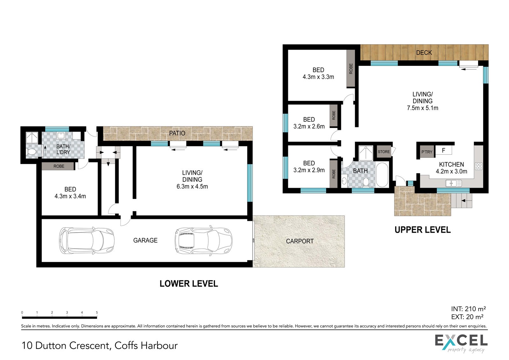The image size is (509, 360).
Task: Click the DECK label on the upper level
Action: (424, 53)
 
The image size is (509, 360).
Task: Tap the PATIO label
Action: (177, 133)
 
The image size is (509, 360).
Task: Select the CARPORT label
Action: (300, 241)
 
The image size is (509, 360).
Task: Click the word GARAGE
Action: (145, 240)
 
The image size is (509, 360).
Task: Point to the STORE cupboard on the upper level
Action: (384, 152)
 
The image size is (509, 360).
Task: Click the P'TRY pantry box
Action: (427, 152)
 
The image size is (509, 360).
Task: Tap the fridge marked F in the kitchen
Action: (443, 150)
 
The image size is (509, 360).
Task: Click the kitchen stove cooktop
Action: (478, 166)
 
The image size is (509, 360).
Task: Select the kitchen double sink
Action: (453, 183)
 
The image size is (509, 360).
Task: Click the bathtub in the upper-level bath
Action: (382, 175)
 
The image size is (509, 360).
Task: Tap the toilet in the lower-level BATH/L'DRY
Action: (31, 151)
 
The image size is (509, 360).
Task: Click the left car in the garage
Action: (87, 241)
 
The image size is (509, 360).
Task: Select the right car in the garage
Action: (203, 241)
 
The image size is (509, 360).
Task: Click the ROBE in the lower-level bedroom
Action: (59, 166)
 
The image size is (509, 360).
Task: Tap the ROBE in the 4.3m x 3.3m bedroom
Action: (351, 69)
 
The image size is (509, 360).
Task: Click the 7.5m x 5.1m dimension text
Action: (422, 108)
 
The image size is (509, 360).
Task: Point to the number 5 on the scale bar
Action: (97, 313)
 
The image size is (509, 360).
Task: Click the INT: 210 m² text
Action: (468, 309)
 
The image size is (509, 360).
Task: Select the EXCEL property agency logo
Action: (461, 343)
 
